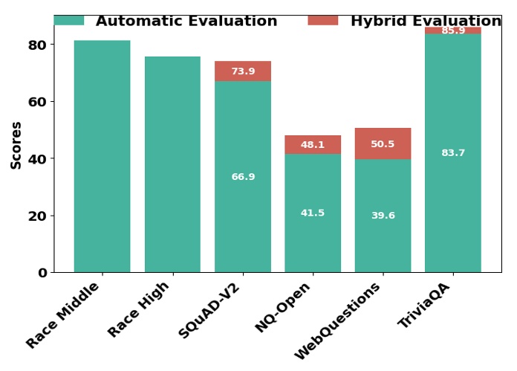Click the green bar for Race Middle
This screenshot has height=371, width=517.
tap(102, 156)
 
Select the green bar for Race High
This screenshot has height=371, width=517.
tap(172, 164)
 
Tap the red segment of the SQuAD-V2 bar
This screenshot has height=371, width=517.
tap(243, 71)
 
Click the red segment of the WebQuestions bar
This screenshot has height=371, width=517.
tap(383, 143)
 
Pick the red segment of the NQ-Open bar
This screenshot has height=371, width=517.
tap(313, 145)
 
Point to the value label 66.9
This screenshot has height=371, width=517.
tap(243, 177)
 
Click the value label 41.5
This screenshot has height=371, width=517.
tap(313, 213)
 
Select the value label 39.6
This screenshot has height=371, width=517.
tap(383, 216)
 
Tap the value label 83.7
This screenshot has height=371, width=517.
tap(453, 153)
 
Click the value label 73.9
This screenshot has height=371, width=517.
tap(243, 71)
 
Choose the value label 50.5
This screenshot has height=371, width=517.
tap(383, 144)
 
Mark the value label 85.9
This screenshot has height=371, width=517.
tap(453, 30)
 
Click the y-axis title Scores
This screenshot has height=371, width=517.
tap(16, 145)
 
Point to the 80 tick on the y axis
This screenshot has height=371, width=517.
tap(38, 45)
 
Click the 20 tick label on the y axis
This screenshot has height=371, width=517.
tap(38, 216)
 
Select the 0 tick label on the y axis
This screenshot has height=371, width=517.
tap(42, 273)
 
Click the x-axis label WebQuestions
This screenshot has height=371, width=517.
tap(339, 320)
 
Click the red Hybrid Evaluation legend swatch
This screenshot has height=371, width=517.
tap(323, 20)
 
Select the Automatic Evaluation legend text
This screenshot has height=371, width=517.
tap(186, 22)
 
